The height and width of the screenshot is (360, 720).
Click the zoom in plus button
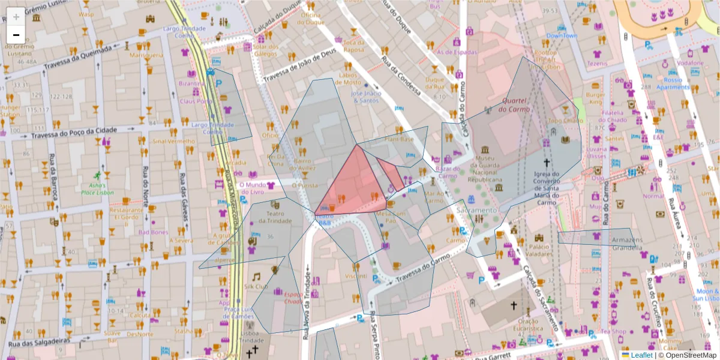pyautogui.click(x=16, y=16)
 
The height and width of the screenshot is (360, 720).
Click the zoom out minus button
pyautogui.click(x=16, y=34)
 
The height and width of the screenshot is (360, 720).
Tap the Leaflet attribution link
pyautogui.click(x=641, y=355)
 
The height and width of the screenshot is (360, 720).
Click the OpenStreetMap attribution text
pyautogui.click(x=690, y=355)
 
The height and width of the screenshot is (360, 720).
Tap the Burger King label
pyautogui.click(x=595, y=98)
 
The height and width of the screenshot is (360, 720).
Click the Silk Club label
pyautogui.click(x=259, y=287)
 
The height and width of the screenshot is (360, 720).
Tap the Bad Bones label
pyautogui.click(x=153, y=232)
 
